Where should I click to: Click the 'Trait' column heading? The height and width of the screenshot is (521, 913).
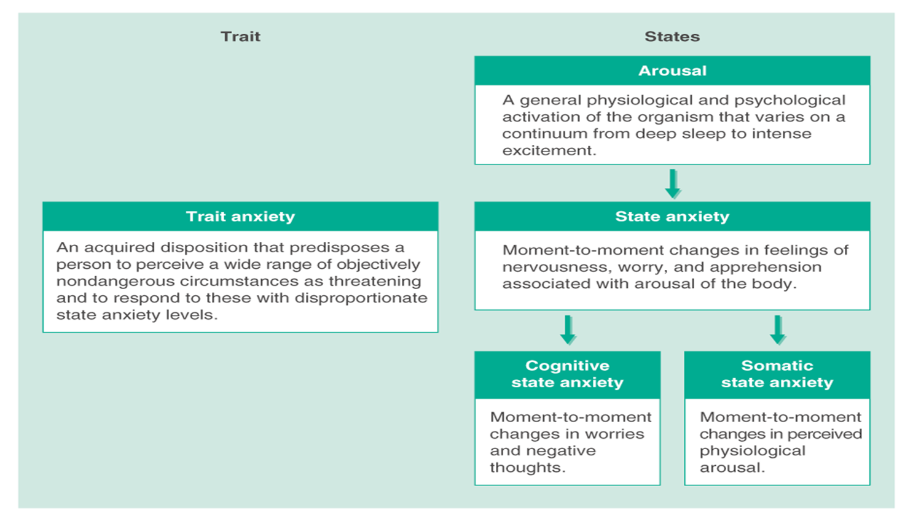(x=240, y=37)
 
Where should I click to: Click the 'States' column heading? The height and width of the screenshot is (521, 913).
(x=672, y=37)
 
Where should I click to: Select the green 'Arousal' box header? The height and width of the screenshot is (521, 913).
(x=672, y=71)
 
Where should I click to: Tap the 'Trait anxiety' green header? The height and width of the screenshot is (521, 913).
(x=240, y=217)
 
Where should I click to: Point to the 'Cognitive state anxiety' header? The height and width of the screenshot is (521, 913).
(x=567, y=374)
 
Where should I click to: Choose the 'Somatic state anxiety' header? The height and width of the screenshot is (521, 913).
(x=777, y=374)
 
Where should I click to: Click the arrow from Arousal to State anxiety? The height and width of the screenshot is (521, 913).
(x=673, y=183)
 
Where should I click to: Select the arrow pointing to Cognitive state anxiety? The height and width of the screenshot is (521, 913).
(x=568, y=330)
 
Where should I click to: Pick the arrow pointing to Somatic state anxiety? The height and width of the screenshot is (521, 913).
(x=778, y=330)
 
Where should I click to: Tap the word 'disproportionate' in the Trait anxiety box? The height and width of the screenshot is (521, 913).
(x=361, y=298)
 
